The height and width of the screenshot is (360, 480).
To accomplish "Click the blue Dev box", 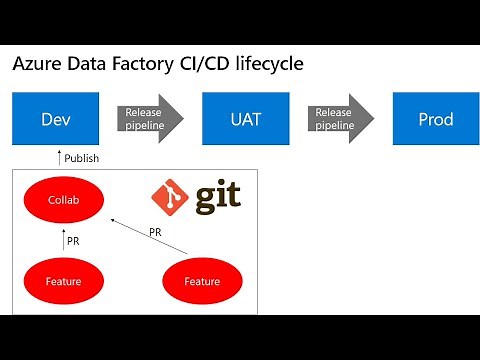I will coord(56,119).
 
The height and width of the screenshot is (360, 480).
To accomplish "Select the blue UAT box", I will coord(245,119).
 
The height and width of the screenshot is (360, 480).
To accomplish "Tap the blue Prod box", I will coord(435,119).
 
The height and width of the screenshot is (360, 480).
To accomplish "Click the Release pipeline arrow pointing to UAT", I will coord(150,119).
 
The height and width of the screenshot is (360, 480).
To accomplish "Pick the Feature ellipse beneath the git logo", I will coord(202,281).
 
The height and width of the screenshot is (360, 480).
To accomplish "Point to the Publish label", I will coord(81,158).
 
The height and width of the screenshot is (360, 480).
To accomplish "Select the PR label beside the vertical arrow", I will coord(73,241).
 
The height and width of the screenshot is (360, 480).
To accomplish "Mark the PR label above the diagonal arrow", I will coord(155,232).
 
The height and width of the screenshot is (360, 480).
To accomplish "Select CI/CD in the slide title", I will coord(200,64).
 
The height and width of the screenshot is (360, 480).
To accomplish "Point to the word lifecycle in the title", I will coord(267,64).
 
